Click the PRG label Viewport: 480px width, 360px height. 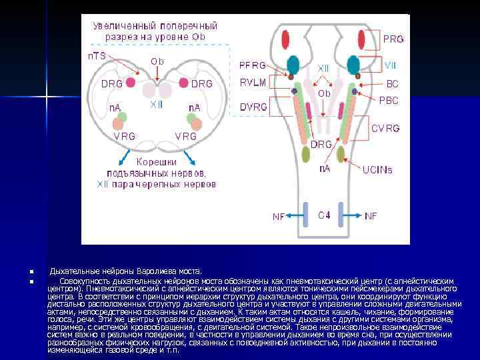(x=393, y=39)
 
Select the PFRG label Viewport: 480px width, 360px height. (x=253, y=65)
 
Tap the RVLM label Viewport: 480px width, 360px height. (x=253, y=83)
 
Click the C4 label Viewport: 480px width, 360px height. (x=324, y=215)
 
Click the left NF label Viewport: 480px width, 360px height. (x=279, y=216)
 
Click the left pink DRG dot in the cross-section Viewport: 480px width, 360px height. (x=130, y=83)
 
